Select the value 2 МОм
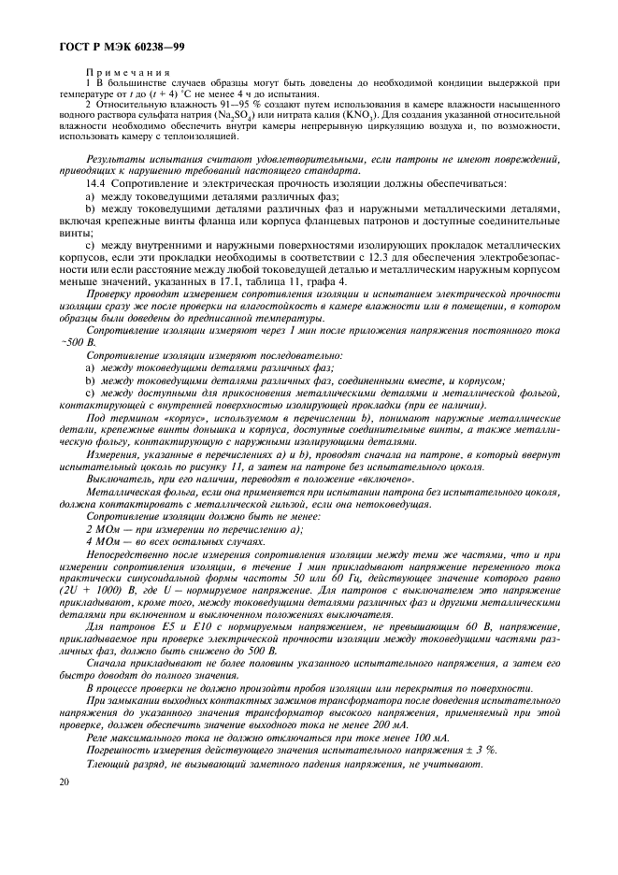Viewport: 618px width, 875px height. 100,528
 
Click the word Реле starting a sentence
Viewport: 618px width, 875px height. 96,739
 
